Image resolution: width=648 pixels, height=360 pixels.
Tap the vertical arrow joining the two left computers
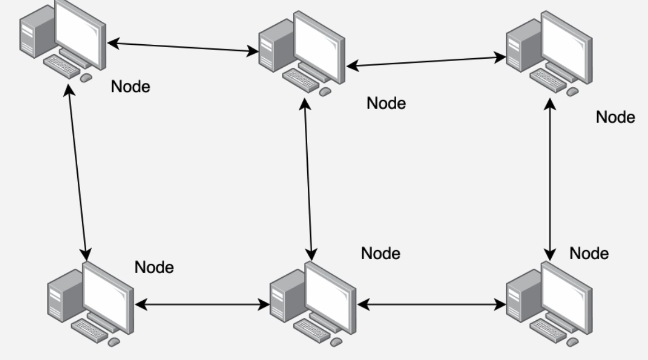pos(77,171)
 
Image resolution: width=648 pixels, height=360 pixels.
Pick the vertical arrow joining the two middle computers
pos(308,176)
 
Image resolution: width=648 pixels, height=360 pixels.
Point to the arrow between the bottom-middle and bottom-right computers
pos(431,305)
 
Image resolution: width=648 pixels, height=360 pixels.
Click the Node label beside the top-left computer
pos(131,87)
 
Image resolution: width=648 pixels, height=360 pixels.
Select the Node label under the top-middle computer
pos(386,103)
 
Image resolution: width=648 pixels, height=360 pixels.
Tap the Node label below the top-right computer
pos(616,118)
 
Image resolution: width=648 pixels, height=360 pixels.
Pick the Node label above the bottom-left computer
pos(154,268)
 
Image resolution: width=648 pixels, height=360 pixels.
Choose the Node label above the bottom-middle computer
pos(381,253)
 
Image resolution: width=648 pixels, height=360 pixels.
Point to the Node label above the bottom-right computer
pos(589,253)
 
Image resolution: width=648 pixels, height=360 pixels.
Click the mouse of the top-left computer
pos(86,78)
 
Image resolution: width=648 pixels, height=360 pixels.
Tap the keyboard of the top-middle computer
pos(302,78)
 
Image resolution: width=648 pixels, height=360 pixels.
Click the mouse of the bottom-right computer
pos(572,341)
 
